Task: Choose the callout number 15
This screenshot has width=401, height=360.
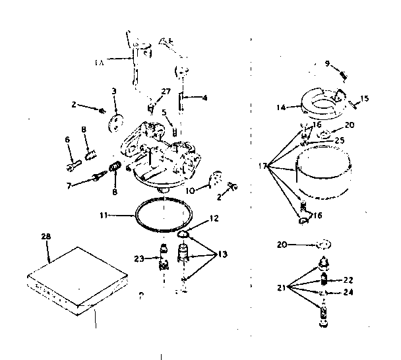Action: click(364, 98)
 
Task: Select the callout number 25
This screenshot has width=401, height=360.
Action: click(340, 140)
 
